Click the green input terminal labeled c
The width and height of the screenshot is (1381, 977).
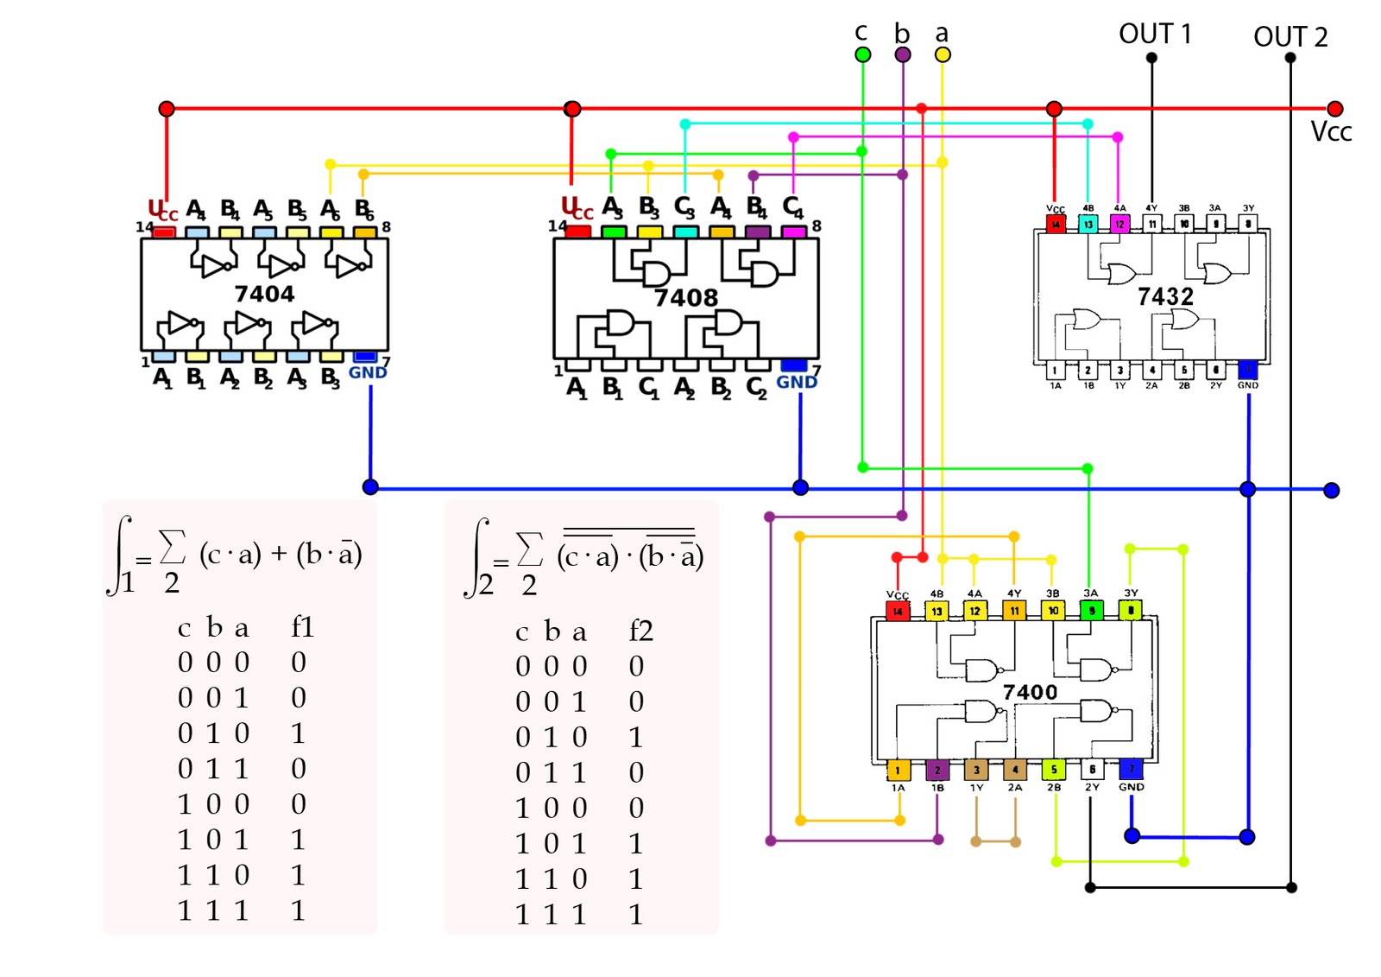(x=862, y=54)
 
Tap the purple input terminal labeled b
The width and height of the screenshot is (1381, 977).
(x=903, y=54)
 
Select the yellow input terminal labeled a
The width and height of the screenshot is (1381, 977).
(x=943, y=54)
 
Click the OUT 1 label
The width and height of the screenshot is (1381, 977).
(x=1155, y=34)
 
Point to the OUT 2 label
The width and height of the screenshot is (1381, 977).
(x=1290, y=37)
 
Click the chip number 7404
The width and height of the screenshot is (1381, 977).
(x=264, y=294)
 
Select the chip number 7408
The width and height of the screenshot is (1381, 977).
(x=685, y=298)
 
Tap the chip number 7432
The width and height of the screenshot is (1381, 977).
(x=1165, y=296)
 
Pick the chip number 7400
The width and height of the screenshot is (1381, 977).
(x=1030, y=692)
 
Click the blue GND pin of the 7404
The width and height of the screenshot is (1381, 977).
(x=365, y=356)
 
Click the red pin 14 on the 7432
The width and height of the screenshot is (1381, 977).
(x=1055, y=224)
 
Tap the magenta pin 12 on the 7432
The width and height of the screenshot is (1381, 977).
(x=1119, y=224)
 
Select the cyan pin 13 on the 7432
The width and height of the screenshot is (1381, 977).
(x=1088, y=224)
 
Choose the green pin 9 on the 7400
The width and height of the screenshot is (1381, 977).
(x=1091, y=611)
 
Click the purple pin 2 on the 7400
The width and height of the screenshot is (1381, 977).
(x=937, y=769)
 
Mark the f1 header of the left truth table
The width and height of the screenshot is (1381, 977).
(x=302, y=626)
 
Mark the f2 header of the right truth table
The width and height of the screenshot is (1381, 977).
(x=640, y=631)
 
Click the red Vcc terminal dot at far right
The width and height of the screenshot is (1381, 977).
(x=1335, y=109)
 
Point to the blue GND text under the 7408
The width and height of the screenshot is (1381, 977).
(x=796, y=382)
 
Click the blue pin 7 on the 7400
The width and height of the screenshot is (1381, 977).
(x=1131, y=768)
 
